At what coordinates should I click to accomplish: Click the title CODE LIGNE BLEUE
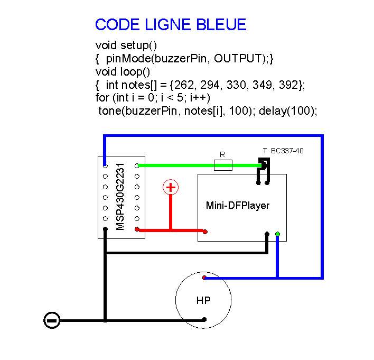[x=170, y=25]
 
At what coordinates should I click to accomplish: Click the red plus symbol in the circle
[x=170, y=187]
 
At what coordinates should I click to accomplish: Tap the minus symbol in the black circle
[x=52, y=320]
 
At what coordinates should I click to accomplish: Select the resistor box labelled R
[x=222, y=165]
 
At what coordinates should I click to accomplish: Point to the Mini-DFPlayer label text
[x=237, y=205]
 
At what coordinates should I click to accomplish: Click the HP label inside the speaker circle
[x=203, y=301]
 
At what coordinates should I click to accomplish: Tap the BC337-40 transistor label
[x=287, y=151]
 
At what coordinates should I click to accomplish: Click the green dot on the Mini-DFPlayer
[x=278, y=234]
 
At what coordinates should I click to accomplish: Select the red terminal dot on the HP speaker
[x=204, y=278]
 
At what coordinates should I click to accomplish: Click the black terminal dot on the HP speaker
[x=204, y=319]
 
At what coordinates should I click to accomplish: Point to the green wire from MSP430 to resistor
[x=174, y=165]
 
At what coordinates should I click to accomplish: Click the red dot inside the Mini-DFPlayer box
[x=205, y=231]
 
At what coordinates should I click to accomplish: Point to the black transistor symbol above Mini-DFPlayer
[x=263, y=168]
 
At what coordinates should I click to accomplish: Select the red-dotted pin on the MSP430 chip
[x=137, y=229]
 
